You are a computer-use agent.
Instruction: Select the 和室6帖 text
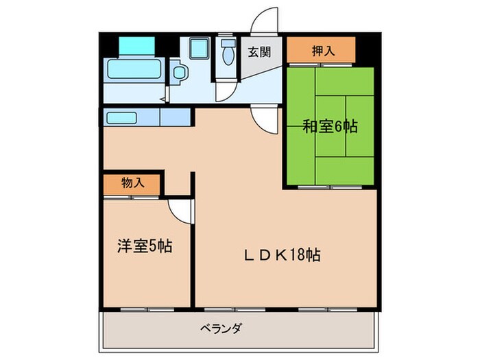[330, 126]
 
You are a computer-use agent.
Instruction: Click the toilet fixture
[228, 56]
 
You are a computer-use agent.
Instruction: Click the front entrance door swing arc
[264, 21]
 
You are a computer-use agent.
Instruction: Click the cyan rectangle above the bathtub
[137, 45]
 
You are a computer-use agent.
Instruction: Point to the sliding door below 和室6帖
[331, 185]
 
